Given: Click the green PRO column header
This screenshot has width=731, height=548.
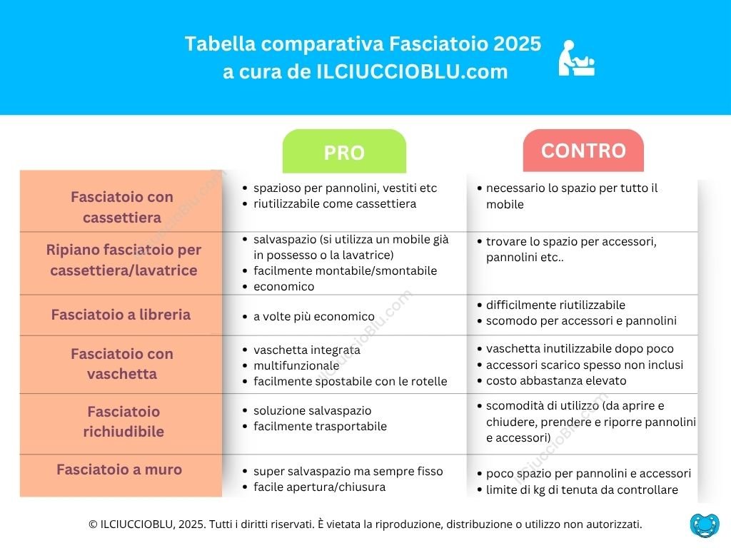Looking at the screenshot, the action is (344, 151).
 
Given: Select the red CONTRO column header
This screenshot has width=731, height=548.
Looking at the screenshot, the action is (583, 151).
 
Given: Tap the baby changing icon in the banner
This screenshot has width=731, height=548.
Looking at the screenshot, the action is (576, 59).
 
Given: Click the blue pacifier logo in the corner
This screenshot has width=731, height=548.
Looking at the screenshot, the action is (705, 524).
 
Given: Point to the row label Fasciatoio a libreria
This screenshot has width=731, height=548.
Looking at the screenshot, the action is (121, 315).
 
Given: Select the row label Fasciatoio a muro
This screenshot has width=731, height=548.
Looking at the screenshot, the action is (119, 470).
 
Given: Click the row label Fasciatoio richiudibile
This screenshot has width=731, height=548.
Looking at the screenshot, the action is (123, 422).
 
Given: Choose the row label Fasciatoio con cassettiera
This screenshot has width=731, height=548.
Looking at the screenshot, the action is (121, 207).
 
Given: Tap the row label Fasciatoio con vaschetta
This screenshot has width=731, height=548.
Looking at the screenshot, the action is (121, 364).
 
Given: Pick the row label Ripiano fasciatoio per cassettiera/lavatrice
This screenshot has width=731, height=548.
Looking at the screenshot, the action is (123, 260).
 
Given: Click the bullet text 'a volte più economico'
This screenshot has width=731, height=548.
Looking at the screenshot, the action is (314, 317).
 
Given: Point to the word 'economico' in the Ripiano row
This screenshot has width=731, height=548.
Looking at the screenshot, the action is (284, 287).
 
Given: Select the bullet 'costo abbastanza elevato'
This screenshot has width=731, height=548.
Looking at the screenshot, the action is (556, 381).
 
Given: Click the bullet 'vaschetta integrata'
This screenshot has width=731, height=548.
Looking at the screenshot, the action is (307, 350).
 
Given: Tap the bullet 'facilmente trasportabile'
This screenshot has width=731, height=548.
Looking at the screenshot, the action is (320, 427).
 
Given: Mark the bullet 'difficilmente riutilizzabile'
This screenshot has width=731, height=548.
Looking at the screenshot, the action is (555, 305).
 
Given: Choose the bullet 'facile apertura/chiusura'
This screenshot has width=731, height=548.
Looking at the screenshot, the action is (319, 487).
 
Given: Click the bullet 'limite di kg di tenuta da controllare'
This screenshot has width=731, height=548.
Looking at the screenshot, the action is (582, 490).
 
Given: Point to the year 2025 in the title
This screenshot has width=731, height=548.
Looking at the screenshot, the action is (517, 44).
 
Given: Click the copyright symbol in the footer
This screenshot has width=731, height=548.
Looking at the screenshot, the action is (93, 524).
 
